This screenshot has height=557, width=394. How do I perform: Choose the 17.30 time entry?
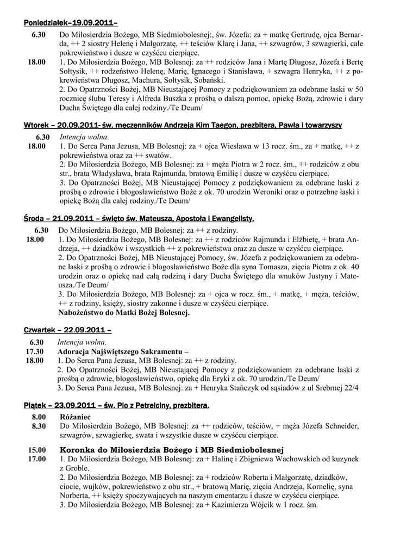coord(34,351)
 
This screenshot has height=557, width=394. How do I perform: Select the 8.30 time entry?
coord(38,426)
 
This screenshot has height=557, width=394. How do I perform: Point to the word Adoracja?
coord(76,351)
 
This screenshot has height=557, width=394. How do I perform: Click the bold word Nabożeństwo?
coord(84,313)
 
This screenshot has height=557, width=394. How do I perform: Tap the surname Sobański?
coord(199,79)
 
